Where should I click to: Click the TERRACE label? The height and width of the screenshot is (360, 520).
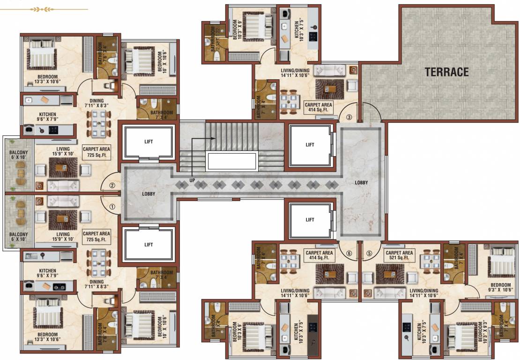pos(446,72)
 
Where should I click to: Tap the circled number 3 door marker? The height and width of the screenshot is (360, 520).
pos(349,117)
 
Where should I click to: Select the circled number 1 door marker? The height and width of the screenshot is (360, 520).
pos(112,206)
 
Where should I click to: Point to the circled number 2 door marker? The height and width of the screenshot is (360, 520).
pos(112,185)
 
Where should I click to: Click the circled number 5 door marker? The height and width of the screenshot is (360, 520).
pos(369,254)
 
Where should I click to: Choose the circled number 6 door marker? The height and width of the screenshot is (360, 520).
pos(349,254)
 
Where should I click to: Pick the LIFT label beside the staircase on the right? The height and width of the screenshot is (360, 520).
pos(310,145)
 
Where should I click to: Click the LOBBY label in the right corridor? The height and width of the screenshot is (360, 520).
pos(361,182)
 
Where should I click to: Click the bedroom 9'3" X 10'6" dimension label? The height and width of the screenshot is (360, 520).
pos(500,287)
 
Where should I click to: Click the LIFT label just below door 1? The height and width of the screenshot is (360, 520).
pos(149,244)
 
